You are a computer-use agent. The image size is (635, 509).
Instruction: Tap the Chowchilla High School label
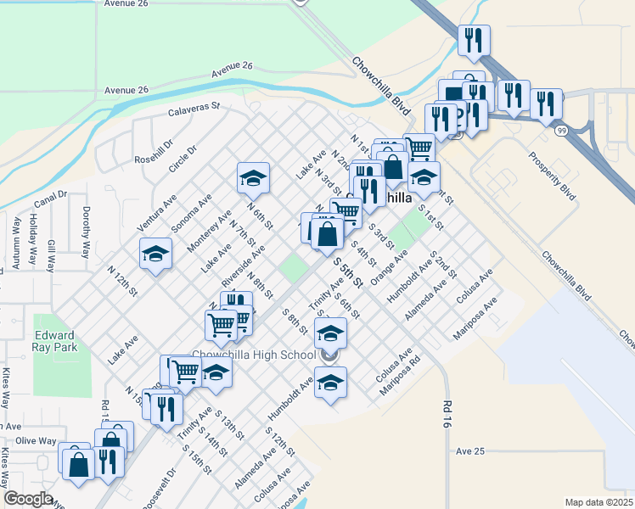click(x=255, y=355)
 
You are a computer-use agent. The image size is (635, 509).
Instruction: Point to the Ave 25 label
click(x=469, y=451)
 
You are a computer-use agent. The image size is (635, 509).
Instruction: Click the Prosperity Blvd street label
click(x=552, y=175)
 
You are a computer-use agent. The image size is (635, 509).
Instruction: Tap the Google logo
click(x=28, y=499)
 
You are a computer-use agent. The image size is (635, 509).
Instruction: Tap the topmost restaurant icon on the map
click(x=473, y=39)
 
